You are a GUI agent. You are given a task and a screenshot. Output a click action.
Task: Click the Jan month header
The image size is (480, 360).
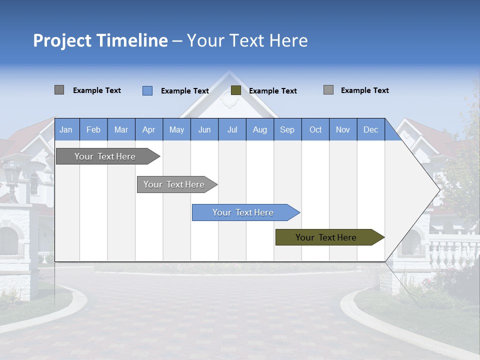(66, 129)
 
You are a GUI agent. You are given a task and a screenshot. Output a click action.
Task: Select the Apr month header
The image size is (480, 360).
(148, 129)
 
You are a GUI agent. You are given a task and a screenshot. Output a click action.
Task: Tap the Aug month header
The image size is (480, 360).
(259, 129)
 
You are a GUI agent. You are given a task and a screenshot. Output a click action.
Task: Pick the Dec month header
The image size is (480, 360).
(370, 129)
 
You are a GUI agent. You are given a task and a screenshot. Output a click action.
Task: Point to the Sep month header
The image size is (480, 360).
(287, 129)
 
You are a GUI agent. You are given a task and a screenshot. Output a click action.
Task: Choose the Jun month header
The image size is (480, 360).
(204, 129)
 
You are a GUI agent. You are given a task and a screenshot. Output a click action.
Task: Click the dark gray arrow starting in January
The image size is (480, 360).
(105, 156)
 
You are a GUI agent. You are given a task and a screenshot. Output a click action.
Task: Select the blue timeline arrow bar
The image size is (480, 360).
(243, 212)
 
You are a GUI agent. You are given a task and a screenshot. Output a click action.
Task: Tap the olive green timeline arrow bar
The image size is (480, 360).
(326, 237)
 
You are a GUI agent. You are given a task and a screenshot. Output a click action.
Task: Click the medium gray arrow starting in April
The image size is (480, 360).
(174, 184)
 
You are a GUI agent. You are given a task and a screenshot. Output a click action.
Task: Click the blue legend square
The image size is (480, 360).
(147, 90)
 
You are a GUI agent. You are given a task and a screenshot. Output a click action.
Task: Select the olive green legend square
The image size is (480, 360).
(236, 90)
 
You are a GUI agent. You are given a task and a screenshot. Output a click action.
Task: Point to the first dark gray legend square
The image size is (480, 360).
(59, 90)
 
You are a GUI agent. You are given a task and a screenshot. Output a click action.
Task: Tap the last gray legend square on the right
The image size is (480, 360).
(328, 90)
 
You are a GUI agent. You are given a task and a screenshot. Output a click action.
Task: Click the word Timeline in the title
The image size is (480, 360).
(131, 40)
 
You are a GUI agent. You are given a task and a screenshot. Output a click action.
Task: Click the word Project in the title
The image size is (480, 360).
(62, 40)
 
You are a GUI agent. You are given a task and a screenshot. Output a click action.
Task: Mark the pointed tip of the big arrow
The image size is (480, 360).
(439, 190)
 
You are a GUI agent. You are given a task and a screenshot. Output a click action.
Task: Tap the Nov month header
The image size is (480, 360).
(342, 129)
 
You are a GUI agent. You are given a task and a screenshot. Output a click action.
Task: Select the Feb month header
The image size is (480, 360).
(93, 129)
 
